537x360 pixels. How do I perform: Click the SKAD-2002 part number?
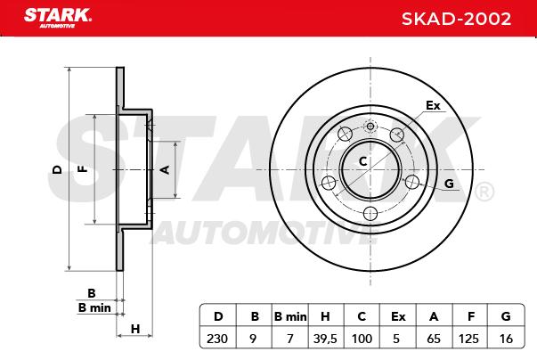pos(456,19)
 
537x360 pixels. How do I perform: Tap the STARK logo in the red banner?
pos(58,18)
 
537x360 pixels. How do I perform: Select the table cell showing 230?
pos(217,339)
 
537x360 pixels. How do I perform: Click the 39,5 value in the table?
pos(325,339)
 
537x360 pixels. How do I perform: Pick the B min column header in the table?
pos(290,316)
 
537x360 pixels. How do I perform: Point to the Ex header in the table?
pos(398,316)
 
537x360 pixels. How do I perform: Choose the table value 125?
pos(468,339)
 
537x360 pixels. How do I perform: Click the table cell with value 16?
pos(506,339)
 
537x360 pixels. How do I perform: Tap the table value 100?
pos(362,339)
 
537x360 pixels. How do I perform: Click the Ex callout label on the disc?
pos(433,105)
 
